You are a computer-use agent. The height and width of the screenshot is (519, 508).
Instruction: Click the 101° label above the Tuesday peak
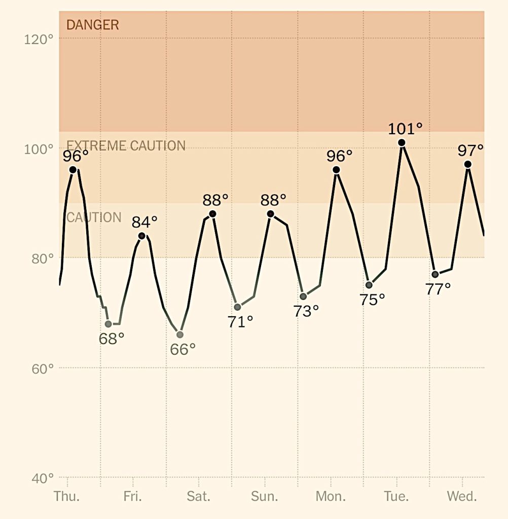[x=405, y=129]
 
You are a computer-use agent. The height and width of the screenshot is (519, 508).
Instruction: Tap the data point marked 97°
[x=468, y=164]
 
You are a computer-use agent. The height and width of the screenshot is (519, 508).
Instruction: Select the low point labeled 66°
[x=180, y=335]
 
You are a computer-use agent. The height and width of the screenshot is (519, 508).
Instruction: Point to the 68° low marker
[x=108, y=324]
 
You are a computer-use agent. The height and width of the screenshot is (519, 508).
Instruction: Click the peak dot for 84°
[x=142, y=236]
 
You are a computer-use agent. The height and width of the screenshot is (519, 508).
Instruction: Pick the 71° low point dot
[x=237, y=307]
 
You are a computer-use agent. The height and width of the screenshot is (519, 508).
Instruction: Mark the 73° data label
[x=306, y=311]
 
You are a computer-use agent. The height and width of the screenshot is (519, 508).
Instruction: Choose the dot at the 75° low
[x=369, y=285]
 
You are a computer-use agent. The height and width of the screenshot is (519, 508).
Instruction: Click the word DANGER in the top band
[x=93, y=25]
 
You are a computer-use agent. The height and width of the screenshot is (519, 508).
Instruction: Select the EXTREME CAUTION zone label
[x=126, y=146]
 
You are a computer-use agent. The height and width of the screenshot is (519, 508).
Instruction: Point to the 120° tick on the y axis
[x=39, y=39]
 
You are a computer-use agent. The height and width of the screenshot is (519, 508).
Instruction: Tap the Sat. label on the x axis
[x=198, y=496]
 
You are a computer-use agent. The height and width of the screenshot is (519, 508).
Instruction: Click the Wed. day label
[x=462, y=496]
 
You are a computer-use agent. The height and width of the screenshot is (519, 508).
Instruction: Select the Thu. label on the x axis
[x=66, y=496]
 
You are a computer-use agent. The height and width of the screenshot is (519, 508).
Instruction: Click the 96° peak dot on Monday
[x=336, y=170]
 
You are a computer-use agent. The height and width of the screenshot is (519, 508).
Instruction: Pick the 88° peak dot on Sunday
[x=271, y=214]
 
